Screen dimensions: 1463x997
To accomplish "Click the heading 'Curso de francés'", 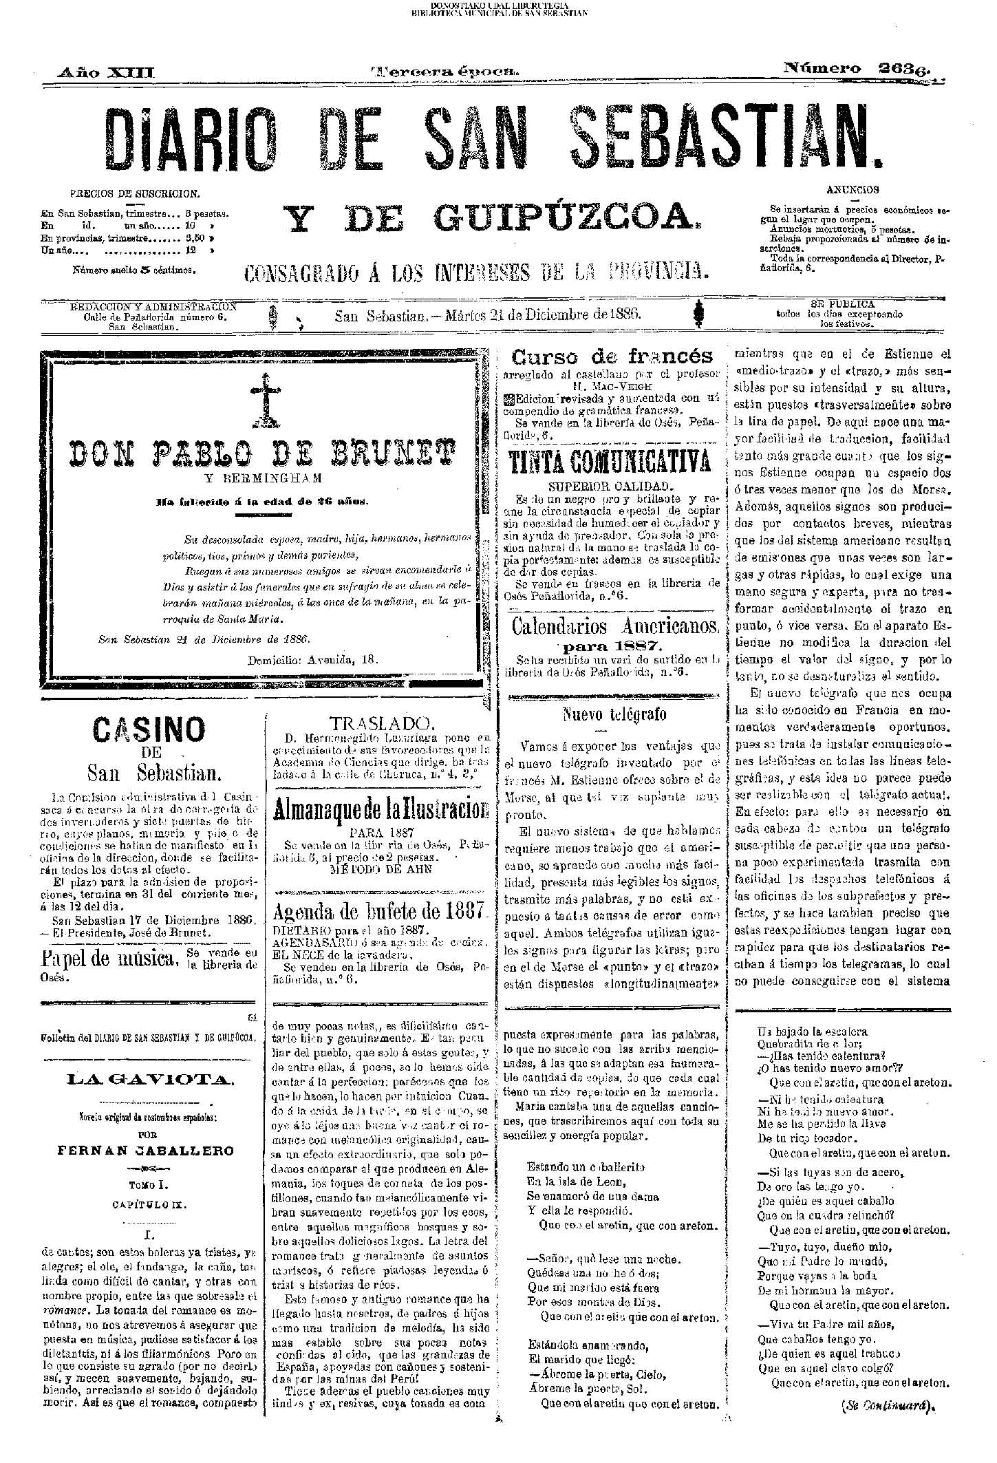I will click(612, 356).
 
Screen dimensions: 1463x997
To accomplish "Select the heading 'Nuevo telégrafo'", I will click(614, 715).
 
